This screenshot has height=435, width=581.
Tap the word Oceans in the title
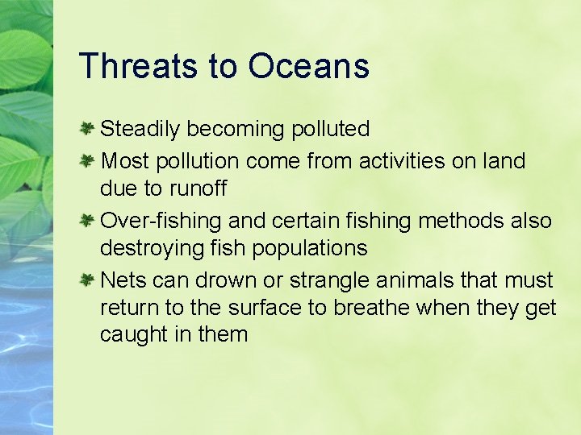[309, 66]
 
